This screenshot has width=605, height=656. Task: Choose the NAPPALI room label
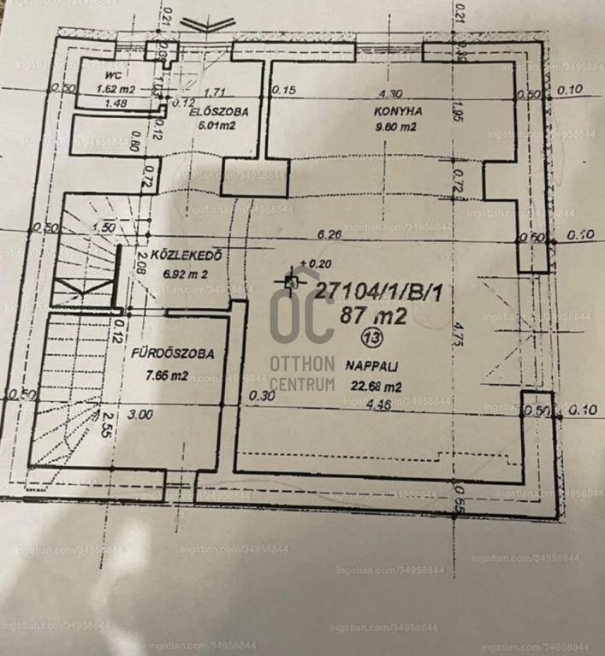[369, 366]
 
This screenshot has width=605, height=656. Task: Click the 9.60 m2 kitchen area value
[394, 127]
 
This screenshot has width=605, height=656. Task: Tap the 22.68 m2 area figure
[373, 386]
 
